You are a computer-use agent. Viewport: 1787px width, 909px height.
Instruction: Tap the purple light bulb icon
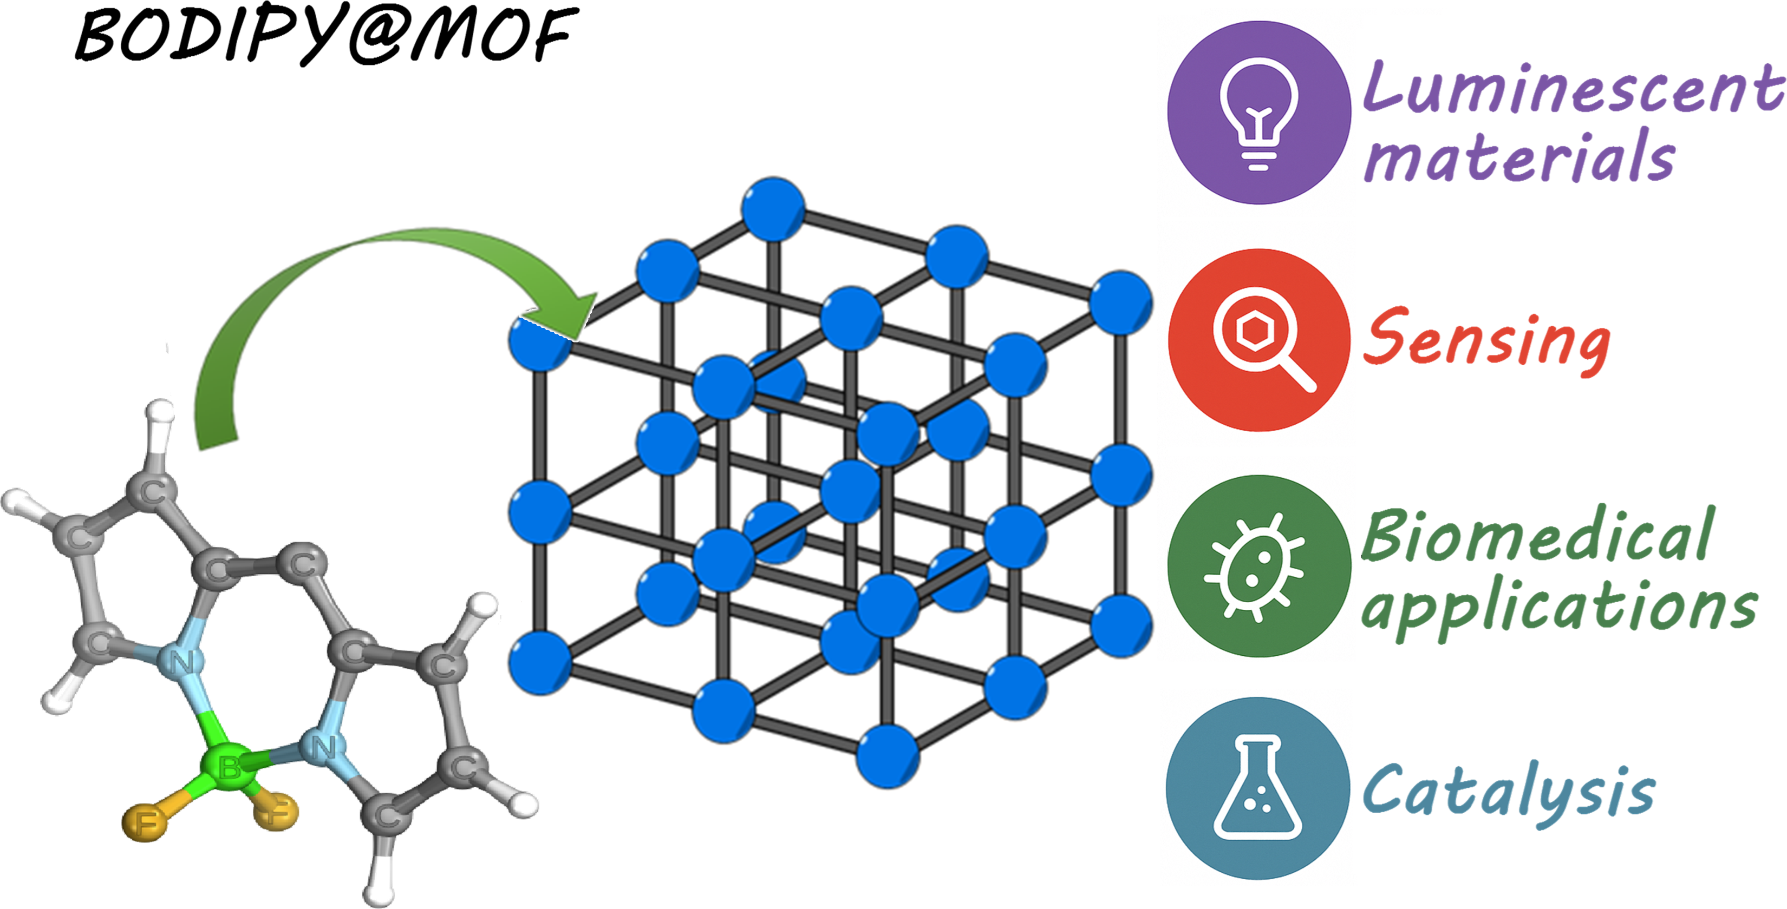[1258, 113]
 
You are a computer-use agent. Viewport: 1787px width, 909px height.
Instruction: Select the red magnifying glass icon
[1258, 340]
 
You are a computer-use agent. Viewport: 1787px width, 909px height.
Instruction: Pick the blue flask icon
[1257, 788]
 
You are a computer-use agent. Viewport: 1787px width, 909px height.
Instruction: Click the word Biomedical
[1537, 537]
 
